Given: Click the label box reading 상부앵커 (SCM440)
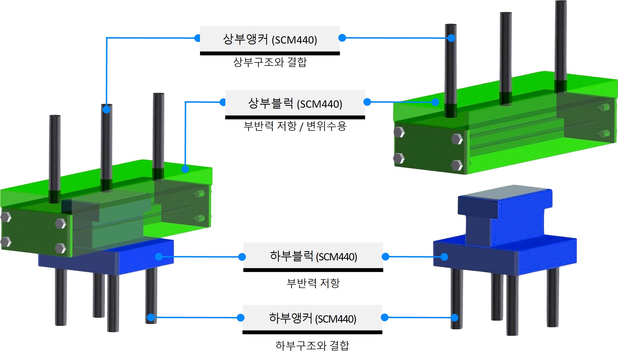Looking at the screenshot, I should click(x=269, y=39).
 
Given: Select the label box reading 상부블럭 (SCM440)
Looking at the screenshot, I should click(x=295, y=103).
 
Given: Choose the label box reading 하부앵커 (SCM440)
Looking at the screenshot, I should click(x=312, y=318).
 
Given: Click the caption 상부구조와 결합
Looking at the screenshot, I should click(x=270, y=62).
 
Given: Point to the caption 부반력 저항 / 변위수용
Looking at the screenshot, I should click(x=295, y=126).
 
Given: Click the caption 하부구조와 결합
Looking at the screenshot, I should click(x=312, y=345).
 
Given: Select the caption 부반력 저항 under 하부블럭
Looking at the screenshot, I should click(x=313, y=283).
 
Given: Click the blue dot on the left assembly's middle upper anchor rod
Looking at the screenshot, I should click(x=106, y=109).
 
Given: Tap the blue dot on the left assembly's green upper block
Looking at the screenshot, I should click(x=185, y=169).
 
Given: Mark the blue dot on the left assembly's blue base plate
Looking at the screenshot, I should click(x=159, y=256).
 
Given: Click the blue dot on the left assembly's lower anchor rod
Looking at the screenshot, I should click(x=151, y=317).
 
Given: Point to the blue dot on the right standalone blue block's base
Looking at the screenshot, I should click(x=444, y=257).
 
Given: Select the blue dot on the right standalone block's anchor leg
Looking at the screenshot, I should click(x=454, y=318).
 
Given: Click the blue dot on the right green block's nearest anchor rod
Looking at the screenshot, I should click(x=451, y=38).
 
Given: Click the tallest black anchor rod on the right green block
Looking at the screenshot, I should click(x=561, y=42).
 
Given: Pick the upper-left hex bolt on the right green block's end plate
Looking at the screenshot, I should click(x=399, y=132).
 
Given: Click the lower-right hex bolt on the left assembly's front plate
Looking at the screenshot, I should click(x=60, y=248).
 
